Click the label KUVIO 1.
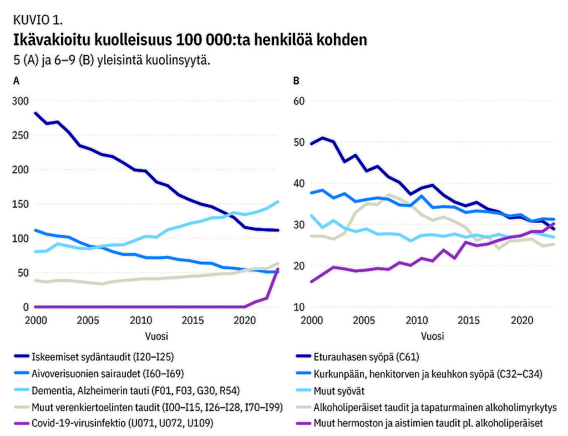click(37, 21)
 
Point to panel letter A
click(17, 81)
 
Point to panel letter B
click(296, 81)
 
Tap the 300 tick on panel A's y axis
click(20, 101)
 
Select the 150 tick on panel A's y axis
click(20, 204)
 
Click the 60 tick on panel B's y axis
click(300, 101)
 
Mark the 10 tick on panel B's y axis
click(300, 307)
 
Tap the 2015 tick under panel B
click(469, 320)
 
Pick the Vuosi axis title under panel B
click(433, 336)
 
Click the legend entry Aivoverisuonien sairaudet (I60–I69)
click(108, 374)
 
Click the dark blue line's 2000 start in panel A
click(35, 113)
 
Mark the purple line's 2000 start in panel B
click(311, 282)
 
